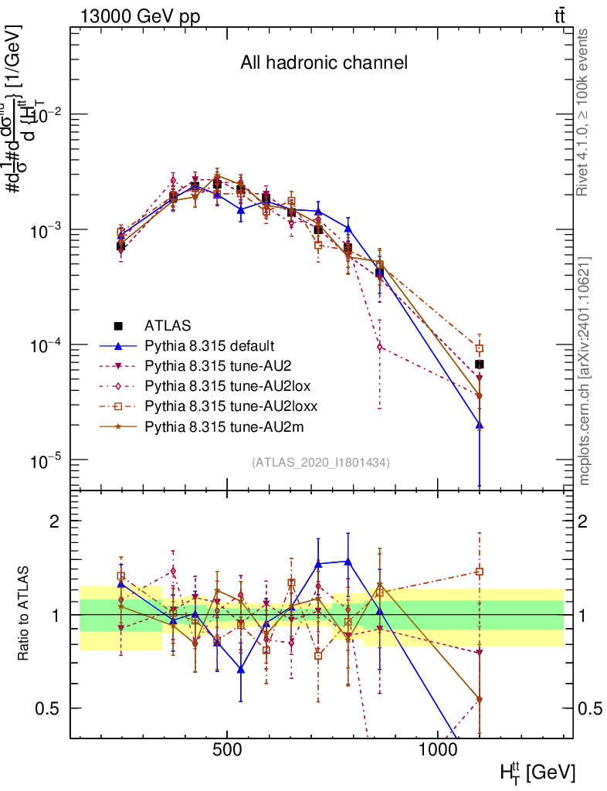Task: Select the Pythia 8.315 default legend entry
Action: pos(209,345)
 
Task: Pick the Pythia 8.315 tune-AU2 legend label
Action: pos(212,365)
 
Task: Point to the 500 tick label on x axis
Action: pos(227,751)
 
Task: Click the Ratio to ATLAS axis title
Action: pos(24,614)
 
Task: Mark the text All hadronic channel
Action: pos(323,63)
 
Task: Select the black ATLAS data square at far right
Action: pos(479,364)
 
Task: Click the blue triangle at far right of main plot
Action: pos(479,424)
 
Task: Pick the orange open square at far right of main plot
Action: pos(479,348)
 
